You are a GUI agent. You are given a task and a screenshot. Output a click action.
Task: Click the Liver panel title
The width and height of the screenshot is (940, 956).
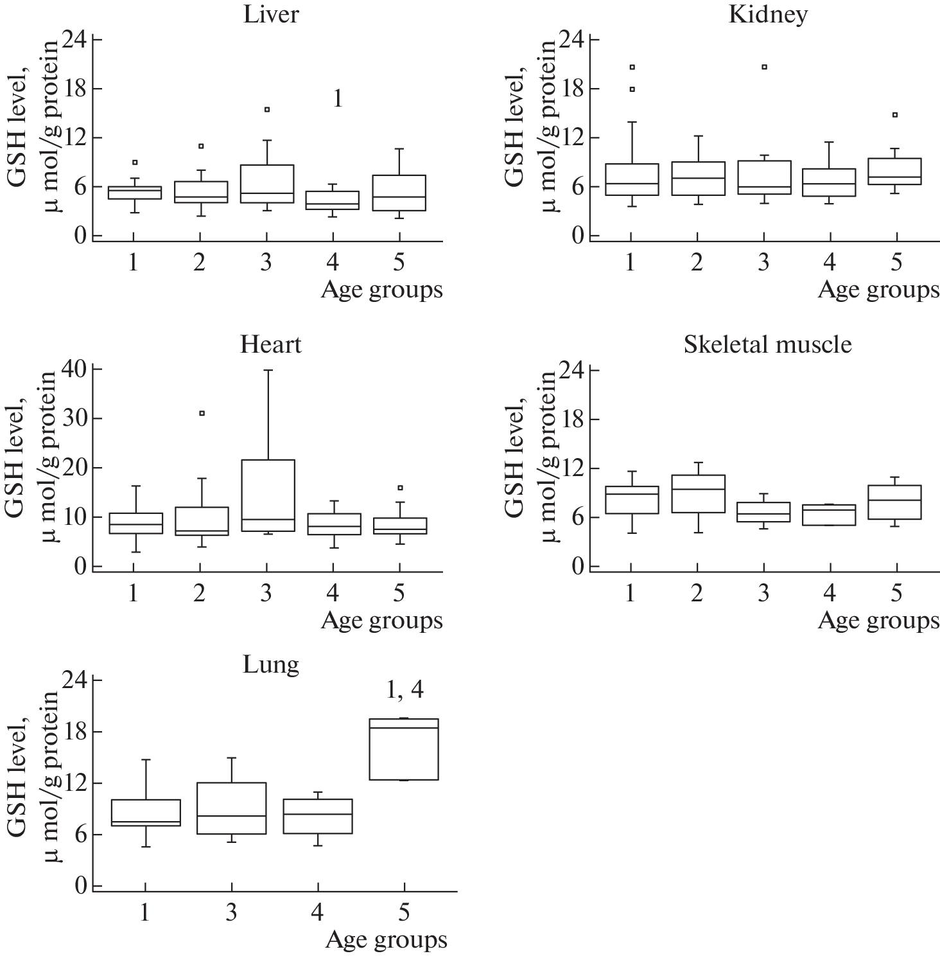click(x=271, y=15)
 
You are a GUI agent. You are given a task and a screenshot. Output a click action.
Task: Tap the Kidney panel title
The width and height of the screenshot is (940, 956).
click(x=767, y=15)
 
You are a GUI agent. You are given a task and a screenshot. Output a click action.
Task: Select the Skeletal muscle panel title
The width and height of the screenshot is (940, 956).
click(x=767, y=345)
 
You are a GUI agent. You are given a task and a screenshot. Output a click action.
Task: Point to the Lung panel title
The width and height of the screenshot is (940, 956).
click(x=271, y=664)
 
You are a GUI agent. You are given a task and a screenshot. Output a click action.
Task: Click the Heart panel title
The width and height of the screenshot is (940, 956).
click(x=271, y=345)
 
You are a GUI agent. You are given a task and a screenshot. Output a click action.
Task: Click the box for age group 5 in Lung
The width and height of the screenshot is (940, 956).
click(x=404, y=749)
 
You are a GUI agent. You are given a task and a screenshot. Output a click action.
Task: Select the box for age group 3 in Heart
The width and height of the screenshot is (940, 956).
click(x=266, y=495)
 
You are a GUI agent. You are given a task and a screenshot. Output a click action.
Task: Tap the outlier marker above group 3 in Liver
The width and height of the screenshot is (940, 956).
click(x=266, y=110)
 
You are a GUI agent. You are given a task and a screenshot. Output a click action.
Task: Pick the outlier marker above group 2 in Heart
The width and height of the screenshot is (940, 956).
click(x=202, y=413)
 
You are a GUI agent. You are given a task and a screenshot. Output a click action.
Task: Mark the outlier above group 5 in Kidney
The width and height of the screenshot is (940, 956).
click(x=895, y=115)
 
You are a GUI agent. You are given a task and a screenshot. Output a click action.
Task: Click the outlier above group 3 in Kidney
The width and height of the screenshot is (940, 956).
click(x=764, y=67)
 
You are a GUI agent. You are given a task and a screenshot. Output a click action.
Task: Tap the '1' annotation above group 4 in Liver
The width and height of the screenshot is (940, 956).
click(x=337, y=99)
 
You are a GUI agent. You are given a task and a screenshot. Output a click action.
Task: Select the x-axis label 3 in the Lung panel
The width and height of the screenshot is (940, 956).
click(x=231, y=912)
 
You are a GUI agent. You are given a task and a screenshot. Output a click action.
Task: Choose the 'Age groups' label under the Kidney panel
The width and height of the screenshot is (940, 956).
click(x=878, y=290)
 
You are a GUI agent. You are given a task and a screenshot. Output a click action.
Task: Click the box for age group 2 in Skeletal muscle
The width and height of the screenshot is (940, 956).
click(x=698, y=493)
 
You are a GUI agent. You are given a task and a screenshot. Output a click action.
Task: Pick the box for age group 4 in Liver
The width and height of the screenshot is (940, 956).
click(x=333, y=200)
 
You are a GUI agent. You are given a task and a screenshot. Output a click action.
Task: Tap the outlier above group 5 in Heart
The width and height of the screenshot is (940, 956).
click(x=400, y=488)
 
